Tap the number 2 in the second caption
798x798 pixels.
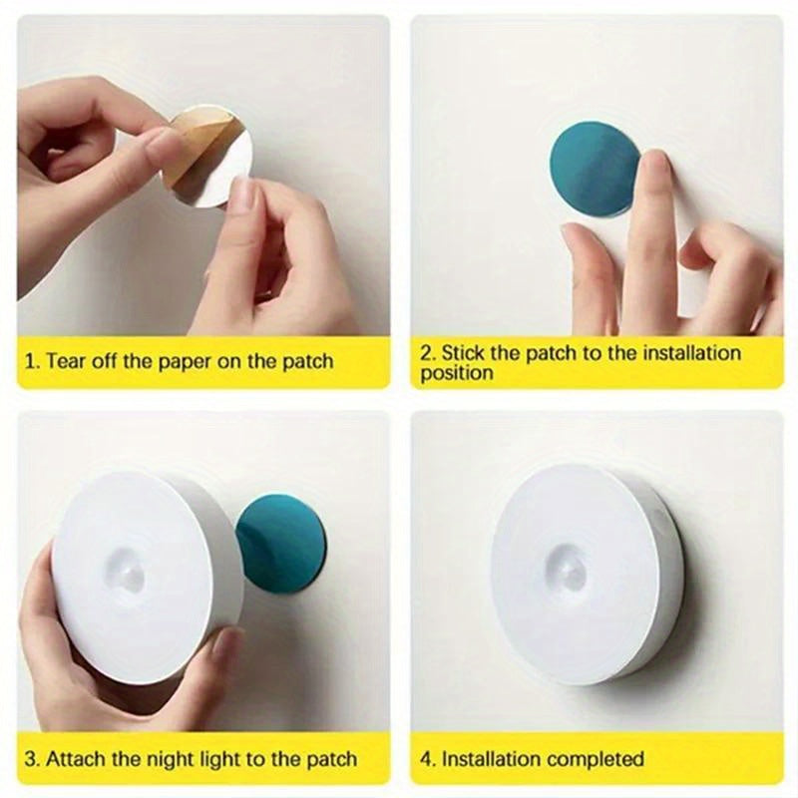pyautogui.click(x=426, y=353)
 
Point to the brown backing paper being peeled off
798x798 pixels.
pyautogui.click(x=196, y=150)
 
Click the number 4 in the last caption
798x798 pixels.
pyautogui.click(x=426, y=759)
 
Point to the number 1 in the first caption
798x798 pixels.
pyautogui.click(x=30, y=361)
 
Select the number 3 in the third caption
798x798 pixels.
pyautogui.click(x=30, y=759)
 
